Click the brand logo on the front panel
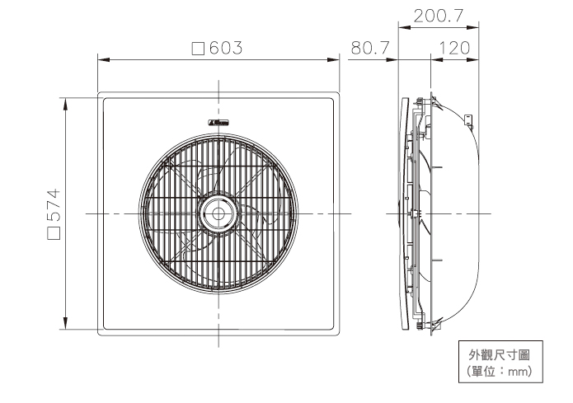click(x=219, y=122)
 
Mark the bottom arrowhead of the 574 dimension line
click(x=64, y=325)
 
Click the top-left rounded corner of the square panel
click(x=101, y=95)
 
